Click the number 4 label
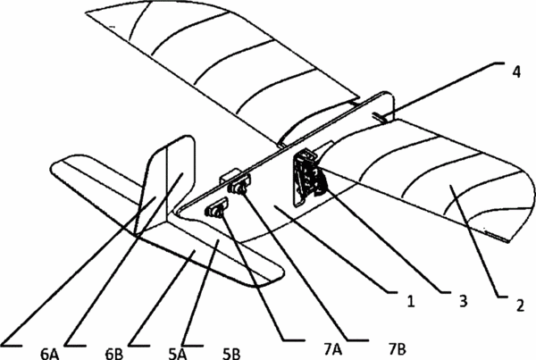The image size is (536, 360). (516, 71)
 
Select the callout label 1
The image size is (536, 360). (411, 302)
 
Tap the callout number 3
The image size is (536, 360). (463, 302)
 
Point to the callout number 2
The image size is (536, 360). (520, 306)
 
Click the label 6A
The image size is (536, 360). (49, 354)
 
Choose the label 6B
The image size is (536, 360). (113, 354)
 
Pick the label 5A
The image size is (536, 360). (178, 354)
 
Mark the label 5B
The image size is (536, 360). (231, 354)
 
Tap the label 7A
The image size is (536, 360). (332, 349)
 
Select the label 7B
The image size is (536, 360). (398, 349)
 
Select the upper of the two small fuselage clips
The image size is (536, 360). (239, 183)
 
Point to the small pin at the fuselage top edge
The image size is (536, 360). (381, 117)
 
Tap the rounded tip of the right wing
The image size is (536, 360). (520, 202)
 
